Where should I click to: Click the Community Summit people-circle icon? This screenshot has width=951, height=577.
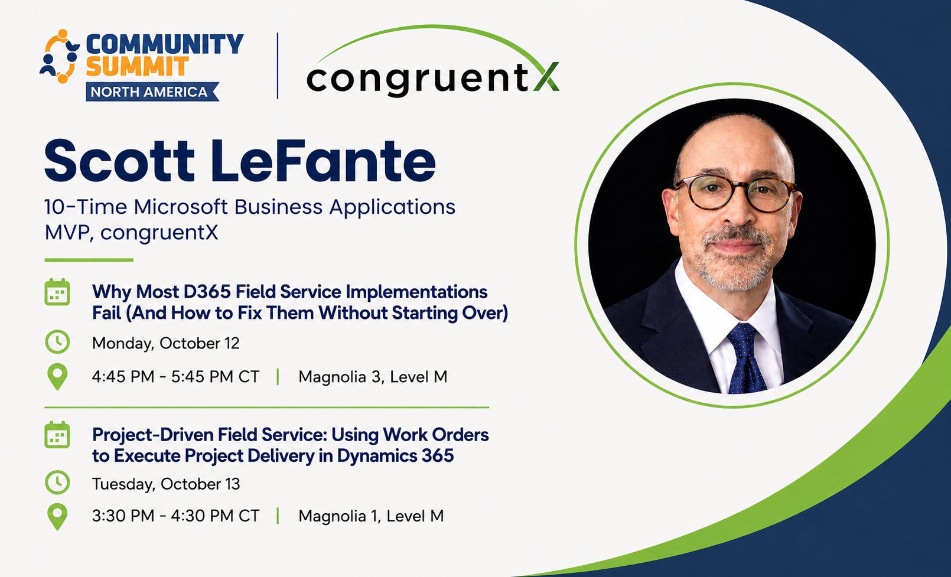pos(60,56)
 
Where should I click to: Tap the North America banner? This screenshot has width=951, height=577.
pos(152,92)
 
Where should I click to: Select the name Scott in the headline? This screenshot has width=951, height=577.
pos(119,162)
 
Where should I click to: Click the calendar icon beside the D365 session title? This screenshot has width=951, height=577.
pos(57,292)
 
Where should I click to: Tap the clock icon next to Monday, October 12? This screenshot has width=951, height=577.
pos(57,342)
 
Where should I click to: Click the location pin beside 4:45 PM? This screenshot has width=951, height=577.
pos(57,377)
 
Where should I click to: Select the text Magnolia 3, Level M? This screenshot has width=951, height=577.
pos(373,377)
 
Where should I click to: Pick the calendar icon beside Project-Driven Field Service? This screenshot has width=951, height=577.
pos(57,435)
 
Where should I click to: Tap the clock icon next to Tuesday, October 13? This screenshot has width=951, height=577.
pos(57,483)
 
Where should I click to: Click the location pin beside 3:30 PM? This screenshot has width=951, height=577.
pos(57,517)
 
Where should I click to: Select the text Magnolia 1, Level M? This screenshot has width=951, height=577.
pos(371,516)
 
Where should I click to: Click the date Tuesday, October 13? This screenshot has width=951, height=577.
pos(166,484)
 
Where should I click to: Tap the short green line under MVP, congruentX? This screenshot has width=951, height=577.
pos(89,260)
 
